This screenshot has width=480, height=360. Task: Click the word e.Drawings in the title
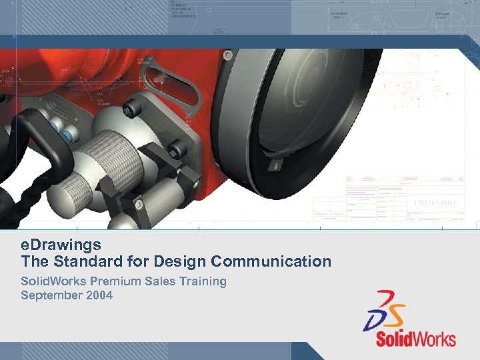(x=61, y=245)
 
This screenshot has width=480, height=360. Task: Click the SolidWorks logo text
(x=415, y=339)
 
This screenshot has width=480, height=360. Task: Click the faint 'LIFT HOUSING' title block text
(x=435, y=202)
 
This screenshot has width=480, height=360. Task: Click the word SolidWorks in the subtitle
(x=48, y=281)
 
